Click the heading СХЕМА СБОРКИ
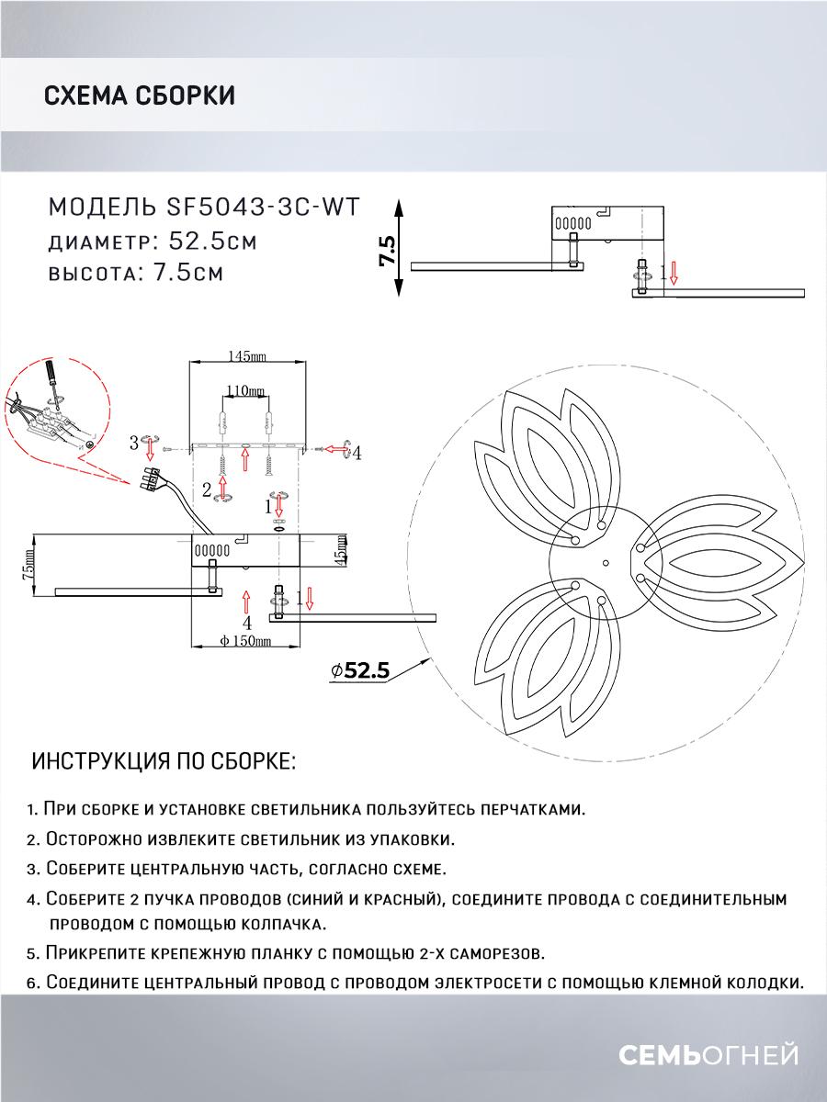[139, 96]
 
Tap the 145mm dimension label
[245, 355]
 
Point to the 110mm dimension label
[244, 391]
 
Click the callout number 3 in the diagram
[134, 444]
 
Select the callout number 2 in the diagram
[207, 487]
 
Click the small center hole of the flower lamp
[605, 562]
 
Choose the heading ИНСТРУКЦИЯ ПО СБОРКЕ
[164, 762]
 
